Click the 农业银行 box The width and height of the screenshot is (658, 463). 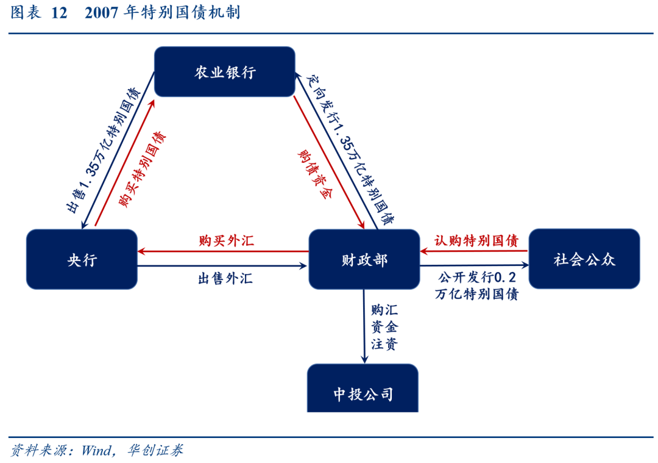[224, 72]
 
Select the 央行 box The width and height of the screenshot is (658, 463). [82, 259]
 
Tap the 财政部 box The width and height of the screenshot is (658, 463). [364, 259]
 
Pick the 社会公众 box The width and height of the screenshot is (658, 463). [584, 259]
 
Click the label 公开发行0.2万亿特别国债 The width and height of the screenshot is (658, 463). [477, 285]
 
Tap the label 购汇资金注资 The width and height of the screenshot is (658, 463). [383, 327]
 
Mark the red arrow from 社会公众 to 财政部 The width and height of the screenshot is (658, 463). [473, 251]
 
